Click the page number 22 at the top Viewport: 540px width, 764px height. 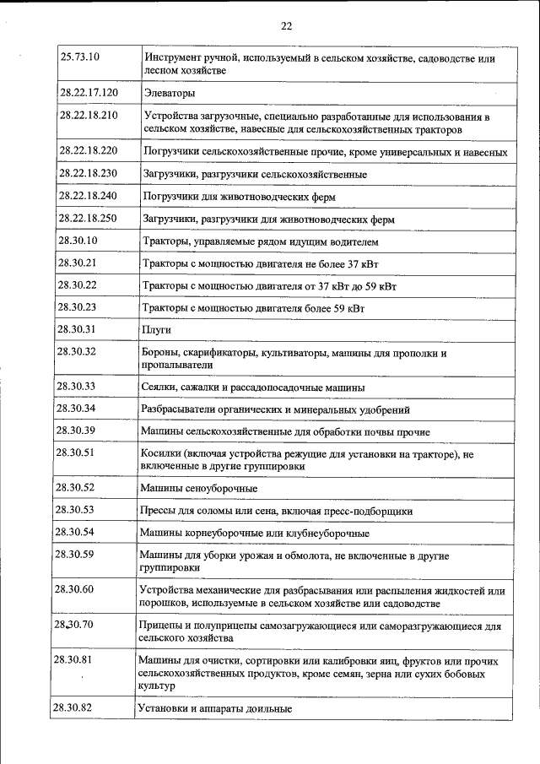(286, 26)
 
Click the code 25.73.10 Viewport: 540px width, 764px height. (80, 57)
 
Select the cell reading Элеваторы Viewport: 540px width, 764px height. (169, 92)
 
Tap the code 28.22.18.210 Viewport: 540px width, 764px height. (89, 114)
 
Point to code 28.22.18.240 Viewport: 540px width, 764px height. (88, 195)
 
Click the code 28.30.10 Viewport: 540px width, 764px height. (77, 241)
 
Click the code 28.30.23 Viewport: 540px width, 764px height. (77, 306)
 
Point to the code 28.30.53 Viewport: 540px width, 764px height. (75, 509)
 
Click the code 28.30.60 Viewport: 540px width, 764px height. (74, 588)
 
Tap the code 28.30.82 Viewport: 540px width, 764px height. (73, 707)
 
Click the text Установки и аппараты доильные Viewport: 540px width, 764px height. (215, 709)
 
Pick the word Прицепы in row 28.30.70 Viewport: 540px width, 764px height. (159, 626)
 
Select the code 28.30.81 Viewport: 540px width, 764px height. (73, 659)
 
